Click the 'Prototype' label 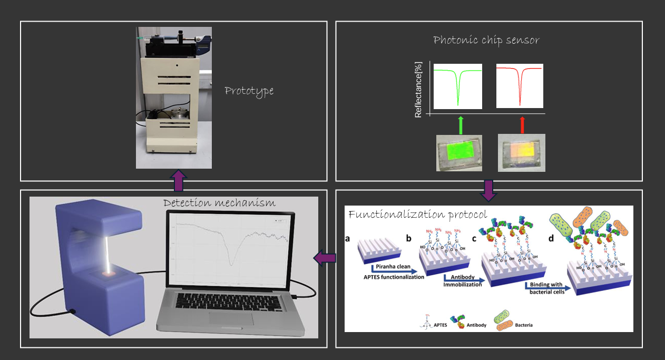[249, 91]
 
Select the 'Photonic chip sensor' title [486, 40]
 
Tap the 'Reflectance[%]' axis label [418, 90]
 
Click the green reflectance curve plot [457, 86]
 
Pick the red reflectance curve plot [520, 85]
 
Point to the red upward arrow [522, 125]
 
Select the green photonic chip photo [460, 152]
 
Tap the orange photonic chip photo [522, 152]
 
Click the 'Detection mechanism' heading [219, 203]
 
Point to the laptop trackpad [230, 318]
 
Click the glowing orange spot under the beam [110, 275]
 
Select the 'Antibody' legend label [476, 325]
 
